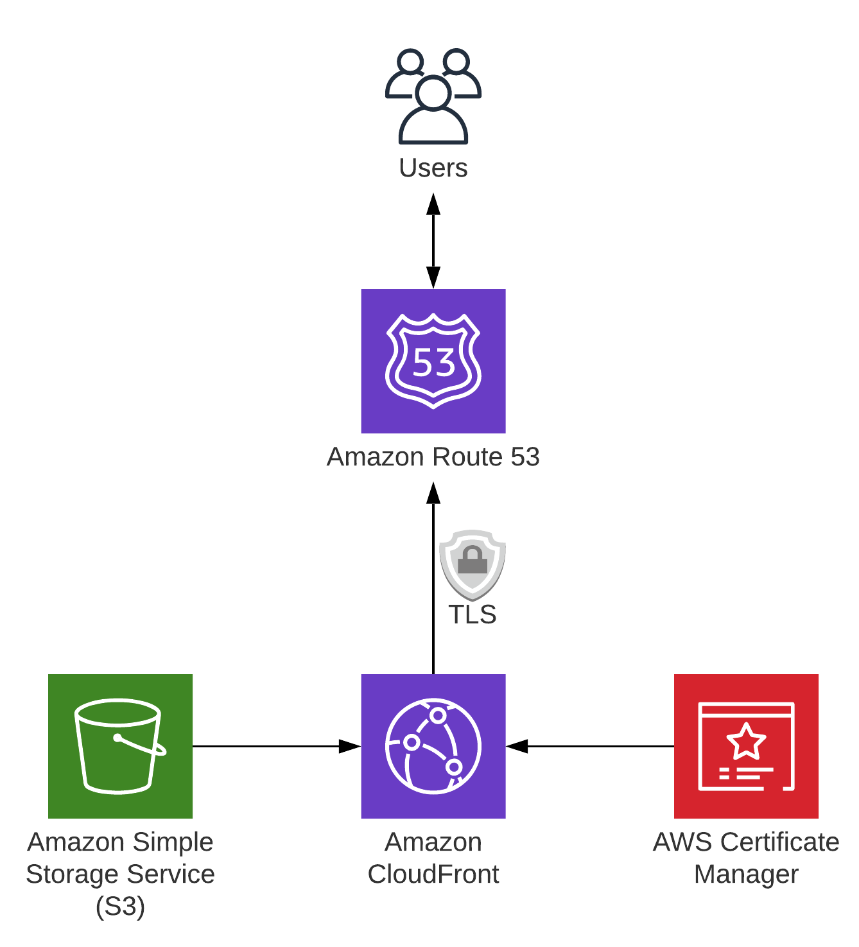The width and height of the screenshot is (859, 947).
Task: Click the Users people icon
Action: pyautogui.click(x=433, y=96)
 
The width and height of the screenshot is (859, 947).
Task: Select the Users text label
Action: pyautogui.click(x=433, y=168)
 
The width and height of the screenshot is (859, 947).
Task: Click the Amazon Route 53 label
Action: pyautogui.click(x=433, y=457)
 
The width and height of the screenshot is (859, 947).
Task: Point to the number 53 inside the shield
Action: pyautogui.click(x=434, y=363)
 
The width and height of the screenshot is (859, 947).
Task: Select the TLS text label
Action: pyautogui.click(x=473, y=615)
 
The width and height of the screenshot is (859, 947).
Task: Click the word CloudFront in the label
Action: pyautogui.click(x=433, y=874)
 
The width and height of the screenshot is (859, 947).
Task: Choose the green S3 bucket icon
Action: pyautogui.click(x=120, y=746)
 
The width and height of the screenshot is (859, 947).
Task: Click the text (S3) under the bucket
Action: pyautogui.click(x=120, y=907)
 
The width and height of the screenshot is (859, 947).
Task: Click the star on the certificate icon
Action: pyautogui.click(x=746, y=742)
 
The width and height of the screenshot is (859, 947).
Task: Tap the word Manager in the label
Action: pyautogui.click(x=746, y=874)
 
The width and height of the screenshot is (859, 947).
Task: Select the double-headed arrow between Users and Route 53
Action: pyautogui.click(x=433, y=241)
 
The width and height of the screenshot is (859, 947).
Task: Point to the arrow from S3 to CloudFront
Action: pyautogui.click(x=276, y=746)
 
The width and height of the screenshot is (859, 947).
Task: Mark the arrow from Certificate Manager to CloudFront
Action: pyautogui.click(x=591, y=746)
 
